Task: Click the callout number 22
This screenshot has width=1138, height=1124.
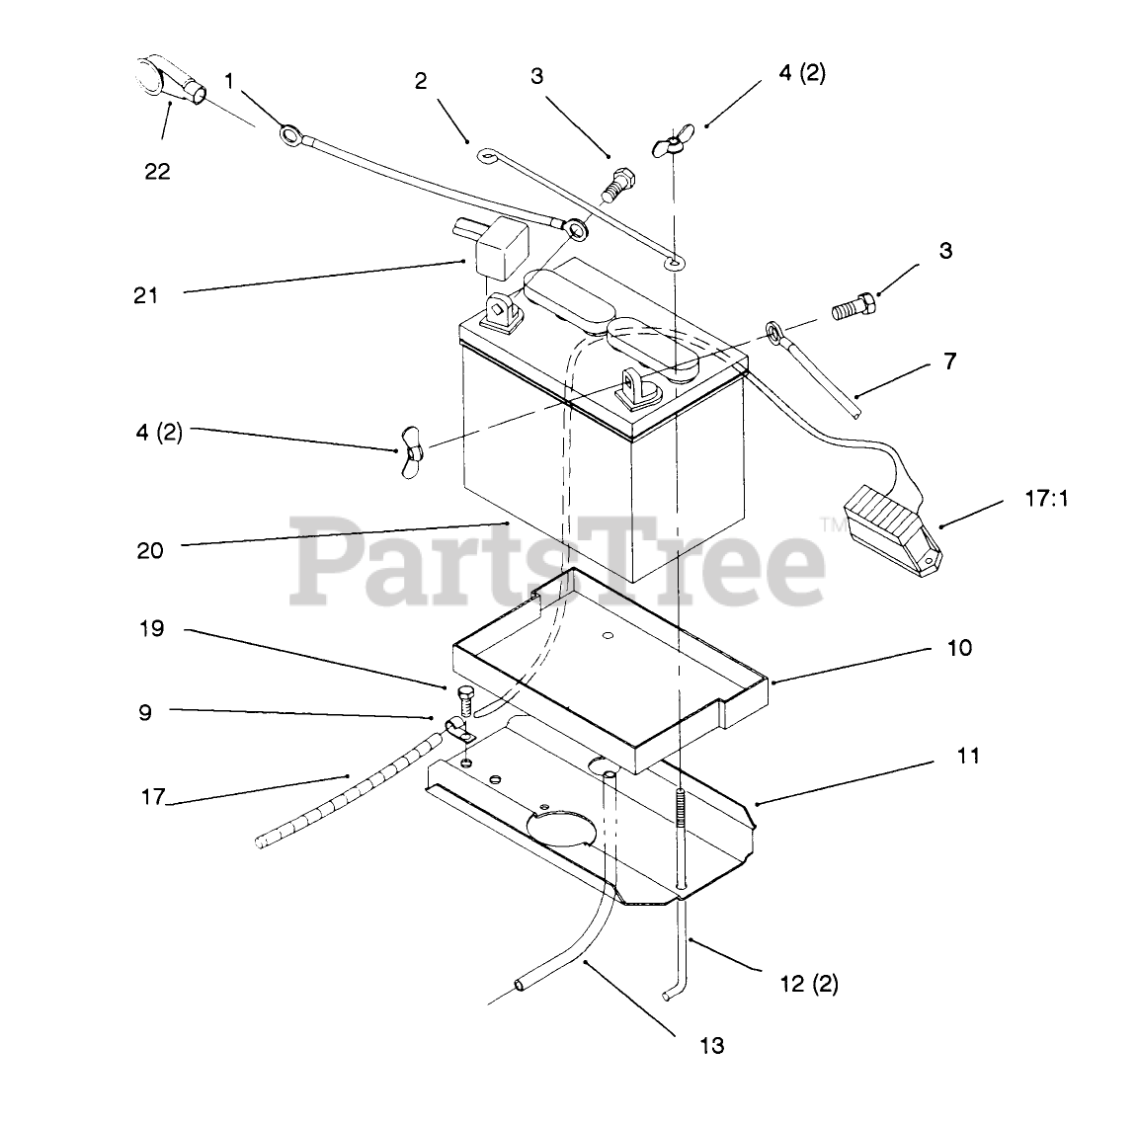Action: pyautogui.click(x=157, y=171)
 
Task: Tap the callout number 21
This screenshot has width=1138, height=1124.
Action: pyautogui.click(x=146, y=294)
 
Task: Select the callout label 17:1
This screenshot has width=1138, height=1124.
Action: pyautogui.click(x=1047, y=499)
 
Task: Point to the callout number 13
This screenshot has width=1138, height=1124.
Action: pyautogui.click(x=711, y=1045)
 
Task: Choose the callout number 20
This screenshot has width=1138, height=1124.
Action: pyautogui.click(x=150, y=550)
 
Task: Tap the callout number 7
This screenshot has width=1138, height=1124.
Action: pyautogui.click(x=949, y=361)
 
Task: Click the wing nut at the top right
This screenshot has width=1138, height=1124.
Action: pyautogui.click(x=674, y=143)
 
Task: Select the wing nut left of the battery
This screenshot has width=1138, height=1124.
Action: pyautogui.click(x=413, y=452)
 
